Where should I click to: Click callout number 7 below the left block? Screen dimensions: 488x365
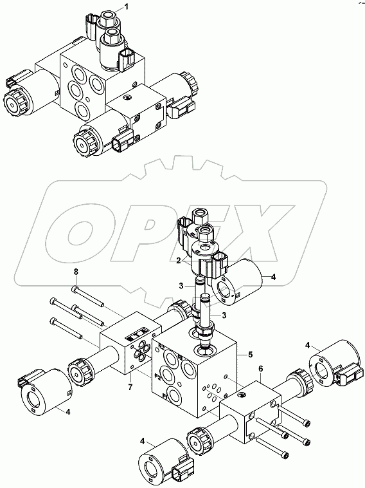tap(130, 387)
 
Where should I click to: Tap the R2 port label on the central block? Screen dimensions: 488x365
tap(163, 346)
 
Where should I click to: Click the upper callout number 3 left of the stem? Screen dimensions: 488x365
tap(182, 286)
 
